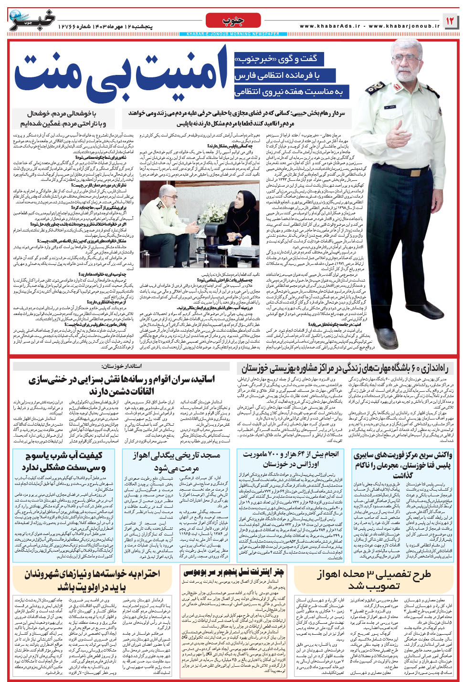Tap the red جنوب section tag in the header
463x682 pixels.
(x=233, y=20)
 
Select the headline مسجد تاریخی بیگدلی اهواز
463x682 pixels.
(x=177, y=461)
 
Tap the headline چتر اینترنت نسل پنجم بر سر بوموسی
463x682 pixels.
(x=233, y=571)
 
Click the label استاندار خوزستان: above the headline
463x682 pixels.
(x=122, y=366)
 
